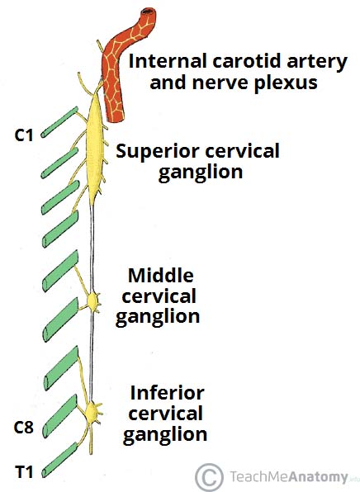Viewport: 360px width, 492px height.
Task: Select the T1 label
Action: (x=23, y=472)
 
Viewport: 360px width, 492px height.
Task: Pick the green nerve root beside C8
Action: (x=63, y=421)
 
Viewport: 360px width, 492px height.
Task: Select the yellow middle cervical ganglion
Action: (x=92, y=301)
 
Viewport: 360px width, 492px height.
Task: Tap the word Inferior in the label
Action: (x=160, y=392)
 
